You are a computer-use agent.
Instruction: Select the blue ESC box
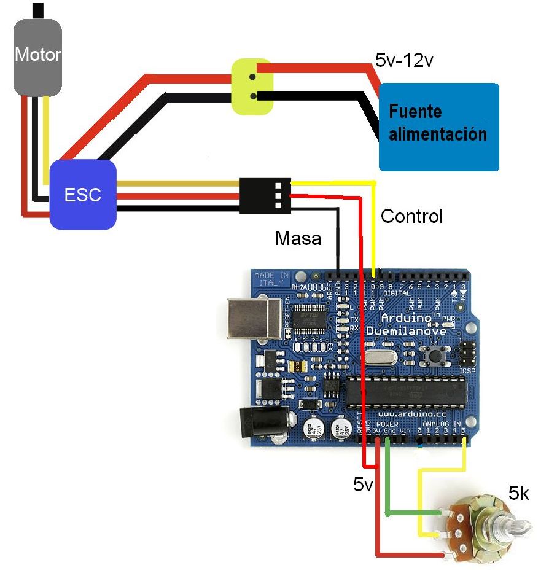click(83, 195)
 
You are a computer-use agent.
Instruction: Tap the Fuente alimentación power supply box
click(438, 127)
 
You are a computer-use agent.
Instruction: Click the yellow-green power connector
click(252, 87)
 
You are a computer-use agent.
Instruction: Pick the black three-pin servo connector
click(265, 196)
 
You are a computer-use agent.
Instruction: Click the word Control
click(411, 216)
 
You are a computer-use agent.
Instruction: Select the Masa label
click(298, 238)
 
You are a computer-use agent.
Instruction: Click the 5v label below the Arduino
click(363, 485)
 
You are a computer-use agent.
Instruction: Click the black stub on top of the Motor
click(38, 10)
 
